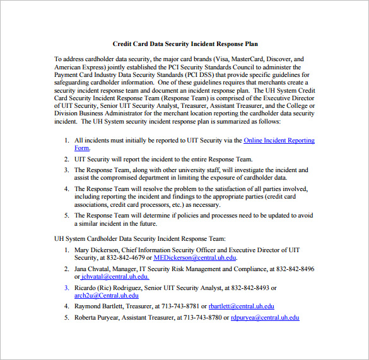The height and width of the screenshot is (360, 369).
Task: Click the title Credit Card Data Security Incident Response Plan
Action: [x=185, y=44]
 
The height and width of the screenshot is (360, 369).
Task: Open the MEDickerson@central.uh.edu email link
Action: [x=194, y=258]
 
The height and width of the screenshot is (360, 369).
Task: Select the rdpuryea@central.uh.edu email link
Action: [x=265, y=317]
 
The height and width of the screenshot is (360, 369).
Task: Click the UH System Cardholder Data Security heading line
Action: [x=139, y=239]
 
